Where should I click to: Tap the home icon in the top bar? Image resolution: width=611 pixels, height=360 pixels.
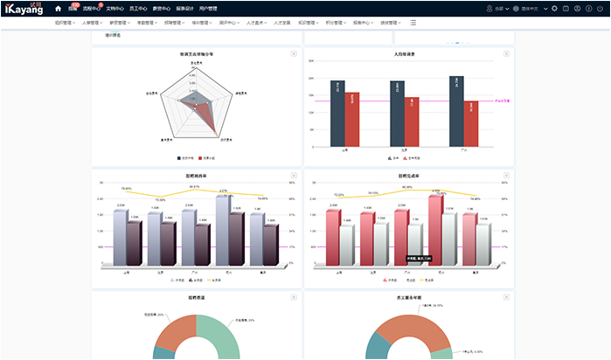coord(58,9)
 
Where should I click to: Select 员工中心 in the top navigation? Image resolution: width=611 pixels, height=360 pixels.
coord(138,9)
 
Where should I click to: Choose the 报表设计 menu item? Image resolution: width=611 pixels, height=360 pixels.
coord(184,9)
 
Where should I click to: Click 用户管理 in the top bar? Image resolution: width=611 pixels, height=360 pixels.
coord(208,9)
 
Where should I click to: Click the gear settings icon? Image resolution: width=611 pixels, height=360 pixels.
coord(554,9)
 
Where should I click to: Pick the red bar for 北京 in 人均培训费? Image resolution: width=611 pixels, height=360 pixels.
coord(412,121)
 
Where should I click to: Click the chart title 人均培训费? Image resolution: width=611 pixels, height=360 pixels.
coord(404,54)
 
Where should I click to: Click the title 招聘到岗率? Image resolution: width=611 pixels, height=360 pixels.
coord(196,176)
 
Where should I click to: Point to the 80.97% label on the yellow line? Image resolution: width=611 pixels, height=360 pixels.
coord(194,186)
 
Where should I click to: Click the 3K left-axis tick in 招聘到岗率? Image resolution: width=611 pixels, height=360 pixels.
coord(101,183)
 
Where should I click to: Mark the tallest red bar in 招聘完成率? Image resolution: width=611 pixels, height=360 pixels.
coord(434,229)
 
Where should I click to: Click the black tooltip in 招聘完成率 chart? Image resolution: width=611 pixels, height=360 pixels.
coord(419,258)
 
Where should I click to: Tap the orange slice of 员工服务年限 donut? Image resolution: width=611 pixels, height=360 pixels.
coord(393,328)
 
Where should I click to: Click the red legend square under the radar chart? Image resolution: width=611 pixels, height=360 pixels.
coord(200,159)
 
